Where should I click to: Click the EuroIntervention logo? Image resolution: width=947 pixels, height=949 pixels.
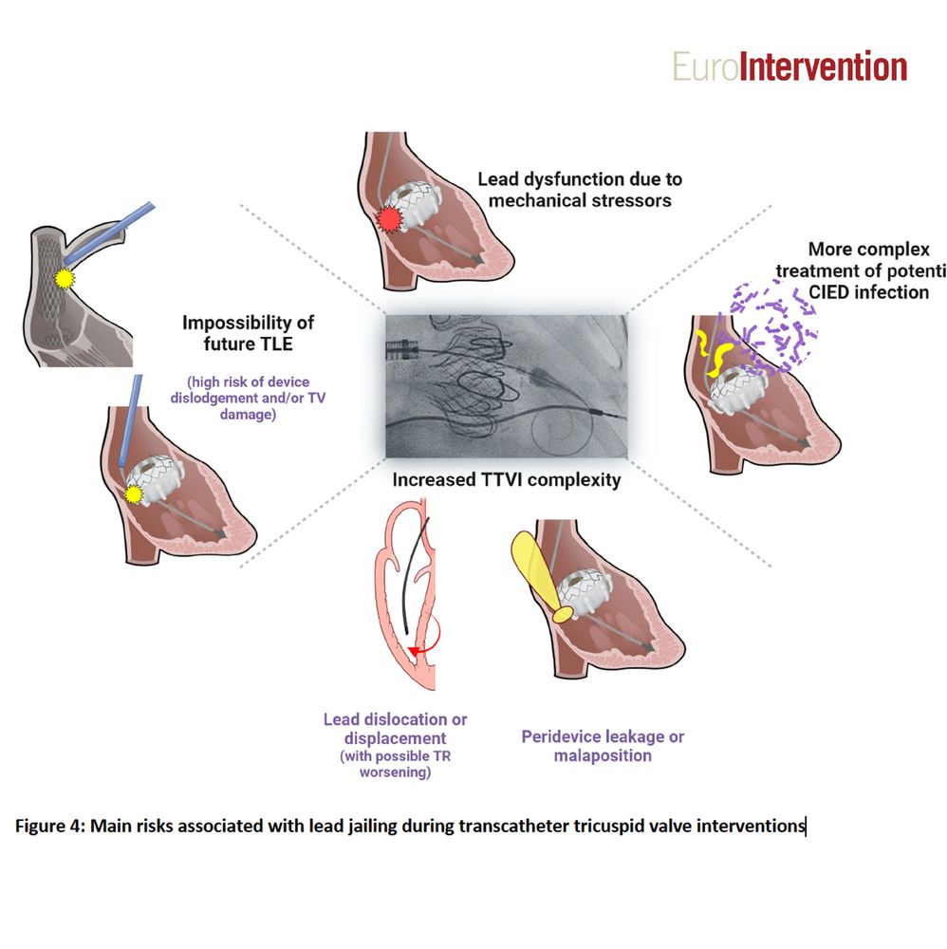tap(789, 66)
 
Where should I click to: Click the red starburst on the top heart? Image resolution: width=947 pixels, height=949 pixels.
tap(387, 220)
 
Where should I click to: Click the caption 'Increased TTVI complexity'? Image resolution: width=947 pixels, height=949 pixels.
tap(507, 479)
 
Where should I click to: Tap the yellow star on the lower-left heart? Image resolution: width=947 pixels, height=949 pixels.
tap(133, 493)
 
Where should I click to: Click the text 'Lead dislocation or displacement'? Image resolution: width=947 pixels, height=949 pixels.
tap(395, 729)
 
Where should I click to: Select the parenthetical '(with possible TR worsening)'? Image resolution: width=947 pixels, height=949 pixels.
tap(395, 765)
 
